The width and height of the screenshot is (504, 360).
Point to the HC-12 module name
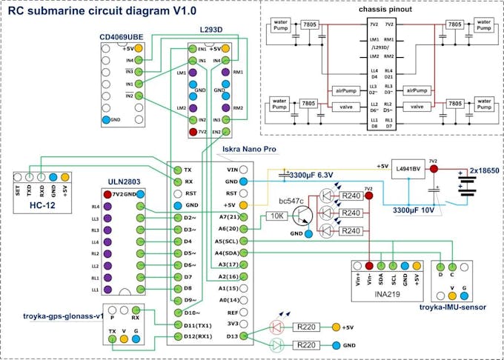click(44, 204)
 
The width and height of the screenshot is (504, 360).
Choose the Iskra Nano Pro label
click(249, 150)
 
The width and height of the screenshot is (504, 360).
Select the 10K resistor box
click(276, 216)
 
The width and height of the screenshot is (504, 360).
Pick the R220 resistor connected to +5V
click(306, 327)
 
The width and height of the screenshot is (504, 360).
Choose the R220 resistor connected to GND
click(306, 345)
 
